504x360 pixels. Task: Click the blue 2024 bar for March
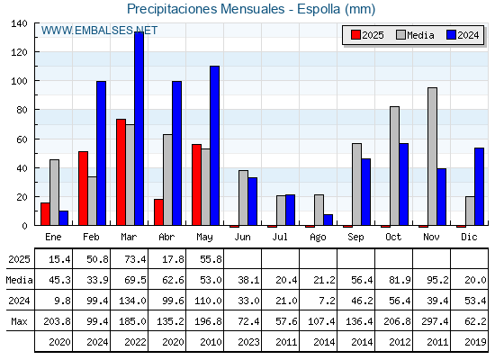click(x=139, y=129)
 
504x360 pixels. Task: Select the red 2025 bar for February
click(x=83, y=188)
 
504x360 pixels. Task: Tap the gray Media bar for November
click(x=432, y=157)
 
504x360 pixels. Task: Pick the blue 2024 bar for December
click(x=479, y=187)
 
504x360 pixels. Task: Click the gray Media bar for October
click(x=394, y=166)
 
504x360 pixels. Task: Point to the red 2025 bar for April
click(x=158, y=212)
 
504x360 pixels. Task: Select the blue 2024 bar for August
click(x=328, y=220)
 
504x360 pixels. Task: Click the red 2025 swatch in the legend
click(x=355, y=35)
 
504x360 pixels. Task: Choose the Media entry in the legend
click(x=415, y=35)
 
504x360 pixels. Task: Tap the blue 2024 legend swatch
click(x=451, y=35)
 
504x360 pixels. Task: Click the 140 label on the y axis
click(x=19, y=23)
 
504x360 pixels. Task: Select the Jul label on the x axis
click(x=280, y=238)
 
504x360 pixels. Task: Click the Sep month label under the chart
click(x=355, y=238)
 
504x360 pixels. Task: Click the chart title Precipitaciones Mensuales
click(x=206, y=9)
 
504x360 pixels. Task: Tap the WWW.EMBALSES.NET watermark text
click(x=99, y=31)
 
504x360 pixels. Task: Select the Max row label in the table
click(x=19, y=321)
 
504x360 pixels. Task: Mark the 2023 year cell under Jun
click(x=248, y=342)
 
